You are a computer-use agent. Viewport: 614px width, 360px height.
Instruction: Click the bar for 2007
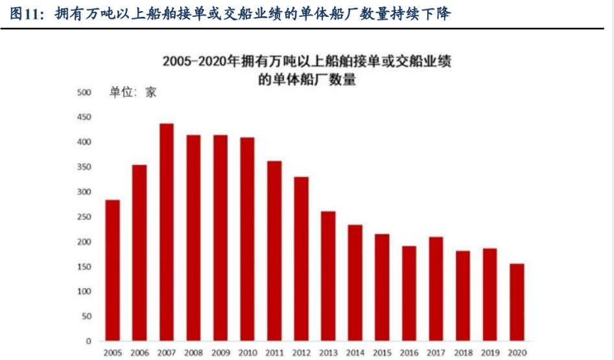[x=167, y=232]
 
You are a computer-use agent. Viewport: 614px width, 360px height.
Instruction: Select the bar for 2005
[x=112, y=270]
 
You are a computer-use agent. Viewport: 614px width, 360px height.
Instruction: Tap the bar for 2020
[x=517, y=302]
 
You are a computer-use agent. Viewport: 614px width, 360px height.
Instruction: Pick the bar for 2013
[x=328, y=276]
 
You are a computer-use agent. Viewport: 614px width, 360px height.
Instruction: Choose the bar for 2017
[x=436, y=289]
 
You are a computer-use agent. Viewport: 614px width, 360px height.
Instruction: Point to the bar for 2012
[x=301, y=259]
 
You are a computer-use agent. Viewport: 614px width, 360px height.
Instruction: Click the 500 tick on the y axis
[x=84, y=93]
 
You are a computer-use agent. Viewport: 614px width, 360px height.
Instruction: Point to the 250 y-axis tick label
[x=84, y=217]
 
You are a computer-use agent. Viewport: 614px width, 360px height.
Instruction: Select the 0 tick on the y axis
[x=89, y=341]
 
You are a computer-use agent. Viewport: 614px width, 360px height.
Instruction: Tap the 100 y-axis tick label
[x=84, y=292]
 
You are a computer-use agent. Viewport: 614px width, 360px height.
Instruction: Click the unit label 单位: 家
[x=133, y=93]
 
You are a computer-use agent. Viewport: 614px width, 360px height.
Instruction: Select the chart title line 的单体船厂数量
[x=307, y=80]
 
